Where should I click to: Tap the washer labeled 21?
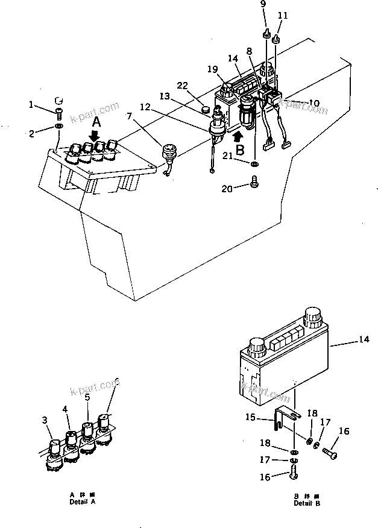(x=256, y=163)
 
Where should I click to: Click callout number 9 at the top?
(x=263, y=4)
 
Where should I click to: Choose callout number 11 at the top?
(x=283, y=14)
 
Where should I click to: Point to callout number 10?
(x=314, y=103)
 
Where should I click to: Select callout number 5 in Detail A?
(x=87, y=397)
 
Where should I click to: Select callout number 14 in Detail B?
(x=363, y=340)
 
